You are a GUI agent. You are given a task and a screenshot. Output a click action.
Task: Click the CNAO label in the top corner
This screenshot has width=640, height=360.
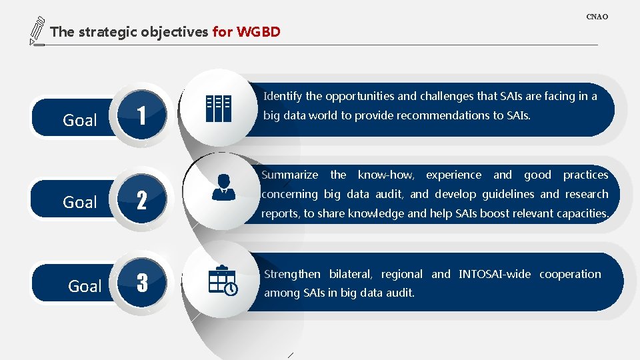[x=597, y=17]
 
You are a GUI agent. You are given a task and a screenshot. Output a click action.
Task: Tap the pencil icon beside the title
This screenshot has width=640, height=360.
[x=37, y=31]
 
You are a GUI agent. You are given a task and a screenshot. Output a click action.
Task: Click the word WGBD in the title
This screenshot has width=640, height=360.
[x=259, y=31]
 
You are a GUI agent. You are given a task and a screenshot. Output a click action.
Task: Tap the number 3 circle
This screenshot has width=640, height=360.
[x=141, y=283]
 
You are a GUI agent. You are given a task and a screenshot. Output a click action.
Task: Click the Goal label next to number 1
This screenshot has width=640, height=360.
[x=80, y=121]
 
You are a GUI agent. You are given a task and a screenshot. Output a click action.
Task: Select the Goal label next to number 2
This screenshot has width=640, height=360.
[x=80, y=202]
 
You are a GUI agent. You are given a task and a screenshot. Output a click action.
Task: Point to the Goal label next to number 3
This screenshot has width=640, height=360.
[x=85, y=286]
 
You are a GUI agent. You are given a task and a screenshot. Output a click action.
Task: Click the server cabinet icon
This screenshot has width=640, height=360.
[x=218, y=108]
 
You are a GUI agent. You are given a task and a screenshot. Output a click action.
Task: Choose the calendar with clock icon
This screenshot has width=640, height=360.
[x=222, y=280]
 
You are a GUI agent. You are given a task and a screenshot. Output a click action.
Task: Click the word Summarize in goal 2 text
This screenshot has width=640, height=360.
[x=290, y=175]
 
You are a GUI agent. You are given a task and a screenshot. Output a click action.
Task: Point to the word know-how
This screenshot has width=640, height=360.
[x=386, y=175]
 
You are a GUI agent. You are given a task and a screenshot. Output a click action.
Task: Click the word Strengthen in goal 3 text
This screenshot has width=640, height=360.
[x=292, y=274]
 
